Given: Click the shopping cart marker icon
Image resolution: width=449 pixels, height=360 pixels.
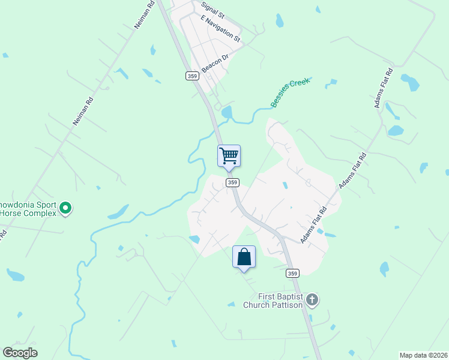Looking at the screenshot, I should click(x=229, y=156).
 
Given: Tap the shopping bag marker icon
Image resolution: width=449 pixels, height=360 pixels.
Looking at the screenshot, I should click(x=244, y=257).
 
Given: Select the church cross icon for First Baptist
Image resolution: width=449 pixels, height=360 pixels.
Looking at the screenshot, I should click(x=312, y=299).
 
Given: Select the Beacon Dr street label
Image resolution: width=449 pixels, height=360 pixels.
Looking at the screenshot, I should click(x=215, y=64).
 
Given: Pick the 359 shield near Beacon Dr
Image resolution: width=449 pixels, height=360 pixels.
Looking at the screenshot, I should click(x=192, y=76).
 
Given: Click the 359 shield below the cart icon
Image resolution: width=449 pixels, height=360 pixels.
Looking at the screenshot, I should click(x=233, y=182).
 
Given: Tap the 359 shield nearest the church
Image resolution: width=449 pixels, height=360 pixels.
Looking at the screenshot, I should click(x=292, y=273).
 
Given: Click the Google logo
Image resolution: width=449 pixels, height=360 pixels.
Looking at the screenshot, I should click(x=20, y=353).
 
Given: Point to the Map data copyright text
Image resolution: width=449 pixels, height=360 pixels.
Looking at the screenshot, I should click(x=423, y=355).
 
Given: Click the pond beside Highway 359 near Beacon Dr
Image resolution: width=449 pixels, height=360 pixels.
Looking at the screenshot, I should click(x=226, y=112).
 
